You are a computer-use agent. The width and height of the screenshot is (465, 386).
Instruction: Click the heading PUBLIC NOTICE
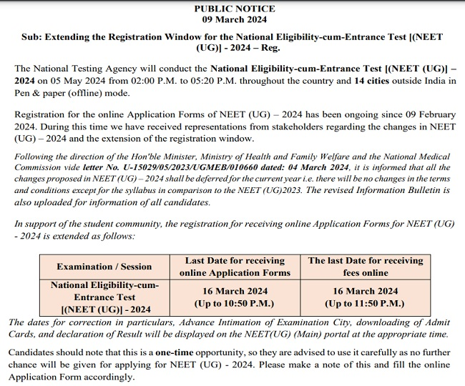pyautogui.click(x=234, y=9)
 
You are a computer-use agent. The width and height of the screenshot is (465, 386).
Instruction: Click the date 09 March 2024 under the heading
pyautogui.click(x=234, y=19)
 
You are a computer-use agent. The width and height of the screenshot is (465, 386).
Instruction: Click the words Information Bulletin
pyautogui.click(x=401, y=191)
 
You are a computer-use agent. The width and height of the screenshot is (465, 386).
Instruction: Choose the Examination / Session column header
pyautogui.click(x=104, y=267)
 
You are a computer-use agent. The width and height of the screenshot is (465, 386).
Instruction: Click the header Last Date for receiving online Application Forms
pyautogui.click(x=235, y=267)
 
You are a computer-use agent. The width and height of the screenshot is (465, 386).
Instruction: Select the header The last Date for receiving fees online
pyautogui.click(x=365, y=267)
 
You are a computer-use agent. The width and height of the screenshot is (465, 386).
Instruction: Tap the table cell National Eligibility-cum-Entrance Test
pyautogui.click(x=104, y=297)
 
